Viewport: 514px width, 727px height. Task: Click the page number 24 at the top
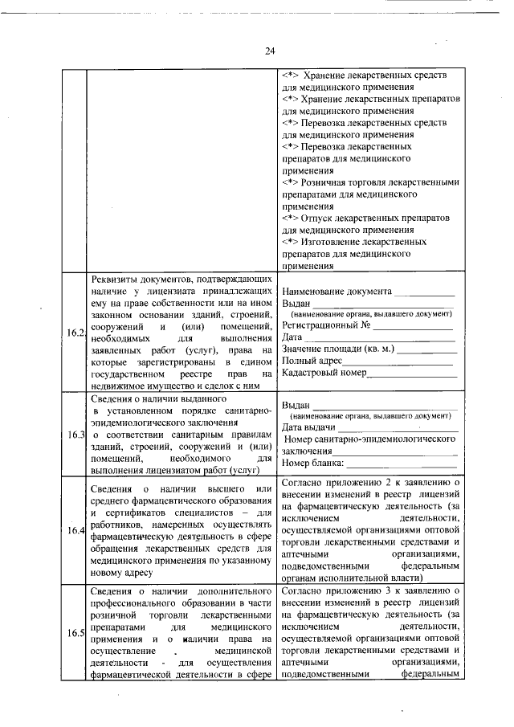tap(270, 51)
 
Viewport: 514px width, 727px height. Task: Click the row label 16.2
tap(75, 333)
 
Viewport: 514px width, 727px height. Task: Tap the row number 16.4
tap(75, 530)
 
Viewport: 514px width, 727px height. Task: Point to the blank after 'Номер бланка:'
tap(401, 464)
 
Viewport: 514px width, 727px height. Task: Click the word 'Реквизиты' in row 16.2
tap(114, 278)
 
